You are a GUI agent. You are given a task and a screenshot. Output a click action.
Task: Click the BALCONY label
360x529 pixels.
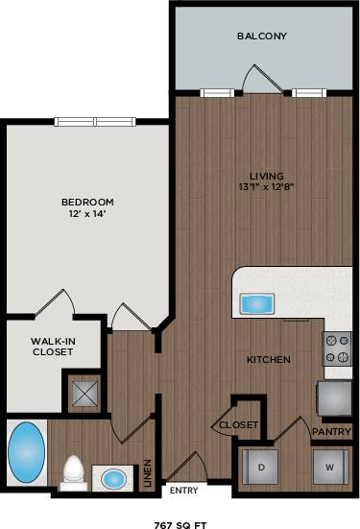[262, 36]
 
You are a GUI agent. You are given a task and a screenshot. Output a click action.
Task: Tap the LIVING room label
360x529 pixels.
[266, 176]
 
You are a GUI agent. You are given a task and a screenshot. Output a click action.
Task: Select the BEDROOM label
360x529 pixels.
[87, 202]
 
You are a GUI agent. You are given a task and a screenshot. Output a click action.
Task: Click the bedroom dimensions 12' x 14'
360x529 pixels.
[87, 214]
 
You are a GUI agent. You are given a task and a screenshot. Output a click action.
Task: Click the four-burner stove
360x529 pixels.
[337, 349]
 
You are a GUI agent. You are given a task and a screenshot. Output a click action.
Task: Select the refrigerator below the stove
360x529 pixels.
[335, 396]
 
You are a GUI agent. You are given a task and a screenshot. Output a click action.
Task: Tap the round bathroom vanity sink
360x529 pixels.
[113, 477]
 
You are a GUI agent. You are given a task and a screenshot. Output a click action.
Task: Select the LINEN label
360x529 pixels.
[147, 473]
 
